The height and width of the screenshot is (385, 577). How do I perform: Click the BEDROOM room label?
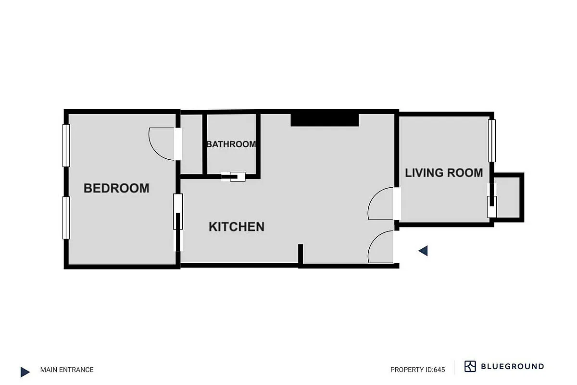pos(116,188)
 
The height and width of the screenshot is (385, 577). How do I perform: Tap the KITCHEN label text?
pos(236,227)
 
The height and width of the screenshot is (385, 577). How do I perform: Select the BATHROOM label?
pos(231,144)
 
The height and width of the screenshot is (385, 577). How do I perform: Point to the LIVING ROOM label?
pos(444,173)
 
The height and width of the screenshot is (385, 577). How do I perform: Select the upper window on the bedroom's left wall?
pos(66,145)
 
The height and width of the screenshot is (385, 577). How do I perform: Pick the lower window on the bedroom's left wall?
pos(66,218)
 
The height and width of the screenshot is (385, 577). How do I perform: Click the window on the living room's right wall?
pos(491,141)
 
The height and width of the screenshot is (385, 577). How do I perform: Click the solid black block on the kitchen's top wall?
pos(325,119)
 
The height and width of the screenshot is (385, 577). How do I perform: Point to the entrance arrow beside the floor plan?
pos(423,251)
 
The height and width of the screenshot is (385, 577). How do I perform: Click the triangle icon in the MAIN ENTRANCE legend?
pos(25,372)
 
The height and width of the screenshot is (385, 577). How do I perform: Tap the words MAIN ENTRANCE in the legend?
pos(67,370)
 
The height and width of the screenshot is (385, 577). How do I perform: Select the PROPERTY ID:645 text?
pos(417,370)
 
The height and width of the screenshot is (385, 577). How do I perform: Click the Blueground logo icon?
pos(470,366)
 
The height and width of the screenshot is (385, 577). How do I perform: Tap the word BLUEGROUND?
pos(513,367)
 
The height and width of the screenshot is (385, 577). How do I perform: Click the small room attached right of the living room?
pos(508,197)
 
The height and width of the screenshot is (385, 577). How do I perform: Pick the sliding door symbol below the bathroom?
pos(234,177)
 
